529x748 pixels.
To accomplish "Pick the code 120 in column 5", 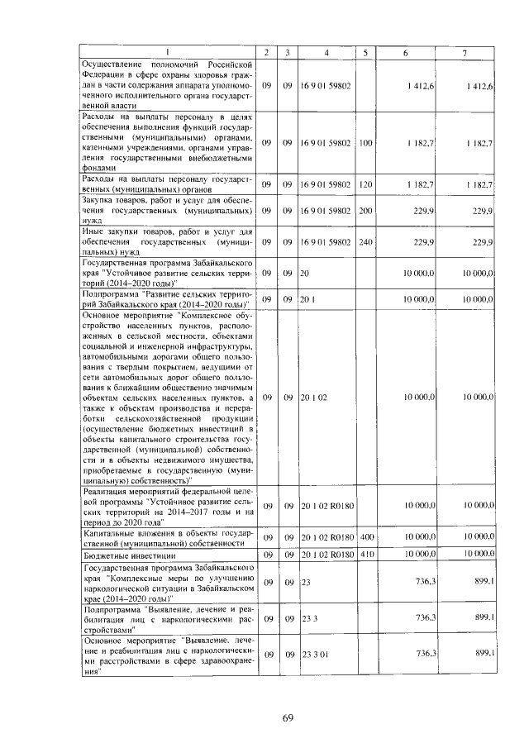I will [365, 183].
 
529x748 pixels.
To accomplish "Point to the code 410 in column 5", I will [365, 555].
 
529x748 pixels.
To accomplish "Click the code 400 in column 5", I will [365, 538].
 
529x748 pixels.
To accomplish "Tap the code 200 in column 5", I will [365, 212].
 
